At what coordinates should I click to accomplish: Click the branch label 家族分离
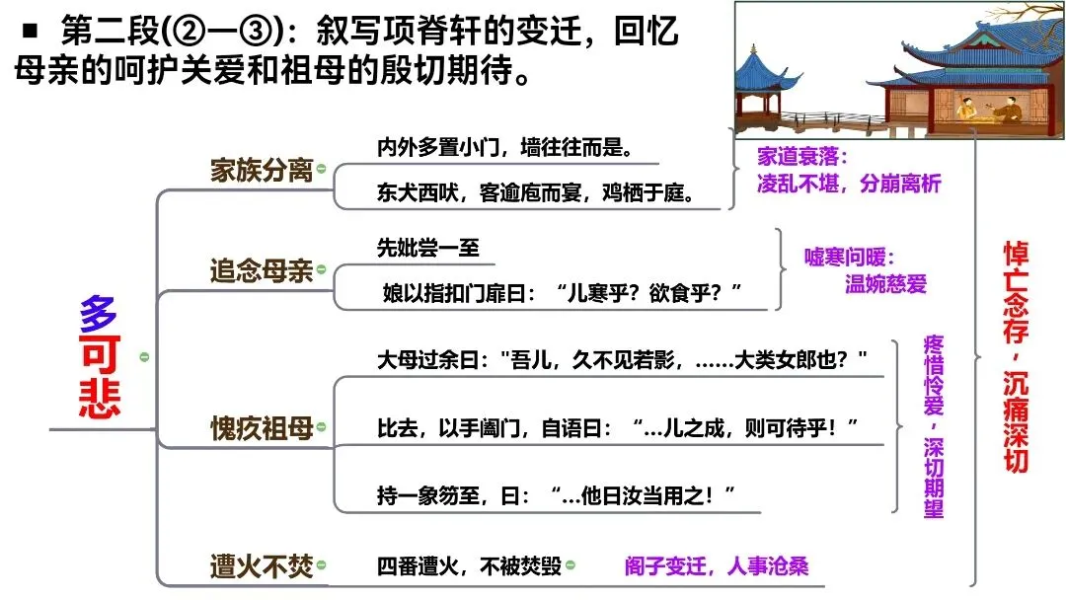(x=261, y=170)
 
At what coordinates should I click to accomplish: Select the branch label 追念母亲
(x=261, y=270)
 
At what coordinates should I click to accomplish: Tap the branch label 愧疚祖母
(x=261, y=427)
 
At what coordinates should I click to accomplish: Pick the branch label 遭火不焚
(x=261, y=566)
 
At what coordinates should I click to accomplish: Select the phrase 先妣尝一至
(x=428, y=247)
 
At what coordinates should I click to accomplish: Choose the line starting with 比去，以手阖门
(x=618, y=428)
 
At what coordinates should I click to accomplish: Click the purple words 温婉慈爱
(x=886, y=284)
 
